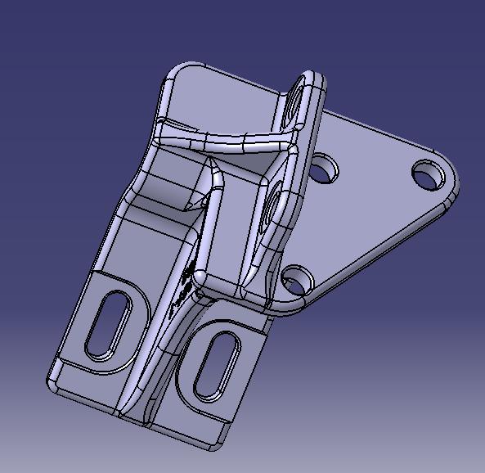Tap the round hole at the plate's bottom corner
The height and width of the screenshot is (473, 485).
coord(297,281)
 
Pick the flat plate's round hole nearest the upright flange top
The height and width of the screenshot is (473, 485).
coord(325,169)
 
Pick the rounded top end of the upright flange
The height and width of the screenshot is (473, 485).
coord(310,78)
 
